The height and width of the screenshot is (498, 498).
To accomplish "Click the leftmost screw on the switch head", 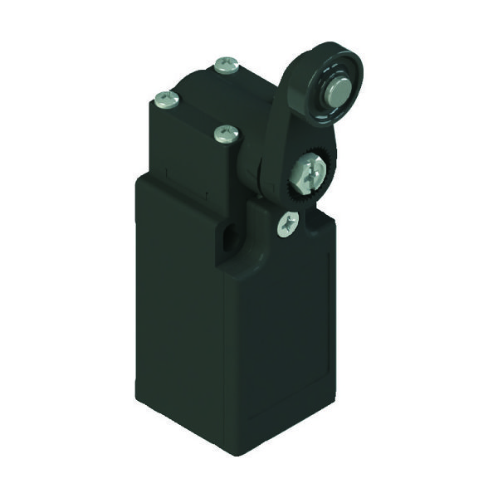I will (167, 100).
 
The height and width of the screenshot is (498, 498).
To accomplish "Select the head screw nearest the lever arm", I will (226, 133).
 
